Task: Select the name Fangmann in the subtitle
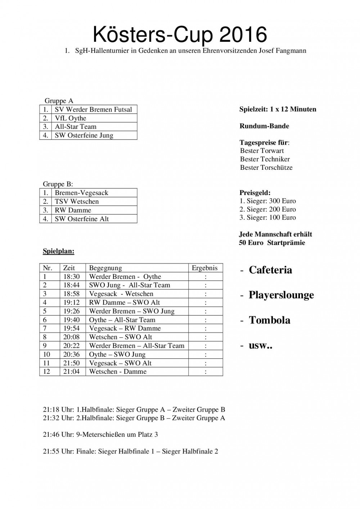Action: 292,51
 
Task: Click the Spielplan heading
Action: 59,251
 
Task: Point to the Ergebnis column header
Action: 205,268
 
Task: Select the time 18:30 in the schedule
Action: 71,277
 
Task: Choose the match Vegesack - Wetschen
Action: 116,294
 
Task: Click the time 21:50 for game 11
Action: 71,363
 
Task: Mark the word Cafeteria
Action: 270,270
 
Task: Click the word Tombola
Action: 269,320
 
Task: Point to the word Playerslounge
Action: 281,295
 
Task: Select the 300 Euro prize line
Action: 267,201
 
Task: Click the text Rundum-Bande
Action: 264,126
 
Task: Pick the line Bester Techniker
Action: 265,159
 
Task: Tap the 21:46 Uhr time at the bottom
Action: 51,435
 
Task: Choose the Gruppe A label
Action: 59,101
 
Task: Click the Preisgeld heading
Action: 255,193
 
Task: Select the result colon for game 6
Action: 206,320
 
